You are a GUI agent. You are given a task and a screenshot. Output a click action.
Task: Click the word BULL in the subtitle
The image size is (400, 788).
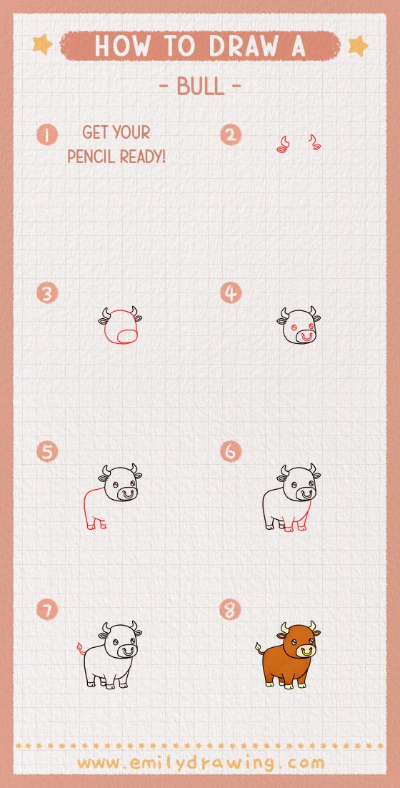pyautogui.click(x=199, y=87)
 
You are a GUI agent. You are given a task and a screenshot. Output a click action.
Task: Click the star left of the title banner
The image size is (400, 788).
pyautogui.click(x=43, y=45)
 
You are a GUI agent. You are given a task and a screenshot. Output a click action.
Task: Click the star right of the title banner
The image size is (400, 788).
pyautogui.click(x=357, y=46)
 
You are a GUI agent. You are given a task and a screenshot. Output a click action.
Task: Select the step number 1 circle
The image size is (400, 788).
pyautogui.click(x=48, y=134)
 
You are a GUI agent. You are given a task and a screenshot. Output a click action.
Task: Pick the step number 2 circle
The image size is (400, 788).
pyautogui.click(x=231, y=134)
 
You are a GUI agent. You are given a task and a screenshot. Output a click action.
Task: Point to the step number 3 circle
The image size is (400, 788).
pyautogui.click(x=48, y=293)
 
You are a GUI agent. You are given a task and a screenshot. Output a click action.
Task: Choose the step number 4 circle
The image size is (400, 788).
pyautogui.click(x=231, y=293)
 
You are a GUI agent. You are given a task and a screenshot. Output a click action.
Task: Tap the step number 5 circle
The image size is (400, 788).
pyautogui.click(x=48, y=452)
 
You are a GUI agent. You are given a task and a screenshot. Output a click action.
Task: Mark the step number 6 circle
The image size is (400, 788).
pyautogui.click(x=231, y=452)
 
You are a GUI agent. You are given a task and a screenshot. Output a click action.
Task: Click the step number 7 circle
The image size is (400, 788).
pyautogui.click(x=48, y=610)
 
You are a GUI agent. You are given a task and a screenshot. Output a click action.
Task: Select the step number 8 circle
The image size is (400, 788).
pyautogui.click(x=231, y=610)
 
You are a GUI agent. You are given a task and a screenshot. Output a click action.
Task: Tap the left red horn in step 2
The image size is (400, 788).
pyautogui.click(x=283, y=146)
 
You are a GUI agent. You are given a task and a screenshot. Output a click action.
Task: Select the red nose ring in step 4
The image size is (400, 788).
pyautogui.click(x=306, y=335)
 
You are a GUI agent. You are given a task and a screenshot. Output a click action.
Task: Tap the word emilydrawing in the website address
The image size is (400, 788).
pyautogui.click(x=199, y=762)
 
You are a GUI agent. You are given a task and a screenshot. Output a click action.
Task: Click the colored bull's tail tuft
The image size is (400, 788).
pyautogui.click(x=257, y=648)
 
